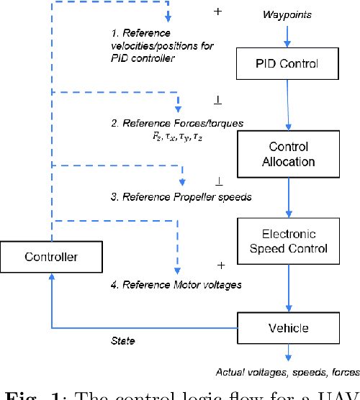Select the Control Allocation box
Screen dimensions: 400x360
(288, 153)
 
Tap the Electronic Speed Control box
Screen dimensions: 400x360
(288, 241)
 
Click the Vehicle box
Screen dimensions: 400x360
(288, 328)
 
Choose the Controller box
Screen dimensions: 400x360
(50, 257)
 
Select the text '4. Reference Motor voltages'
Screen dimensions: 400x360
(176, 285)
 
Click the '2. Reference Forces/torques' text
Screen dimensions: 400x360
(177, 123)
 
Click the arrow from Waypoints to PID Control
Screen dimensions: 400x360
(288, 35)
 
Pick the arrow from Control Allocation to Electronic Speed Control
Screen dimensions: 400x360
(288, 194)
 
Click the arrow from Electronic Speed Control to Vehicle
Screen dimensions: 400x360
(288, 285)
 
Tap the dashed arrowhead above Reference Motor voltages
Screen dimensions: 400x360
(174, 270)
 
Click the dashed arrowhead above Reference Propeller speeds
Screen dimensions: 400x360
(183, 181)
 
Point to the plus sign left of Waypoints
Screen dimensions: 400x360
(219, 12)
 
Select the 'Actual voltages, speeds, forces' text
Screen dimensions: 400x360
(287, 372)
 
